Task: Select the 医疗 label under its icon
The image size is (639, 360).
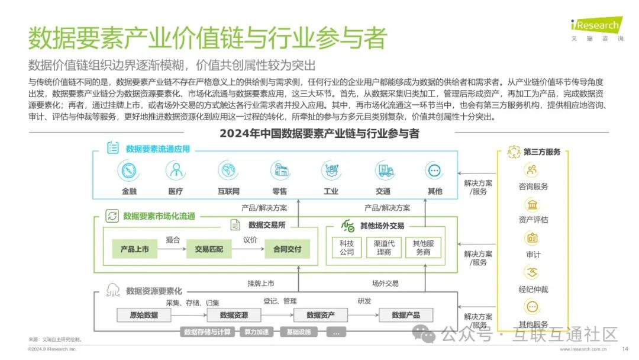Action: click(x=175, y=191)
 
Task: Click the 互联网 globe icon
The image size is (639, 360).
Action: click(x=228, y=171)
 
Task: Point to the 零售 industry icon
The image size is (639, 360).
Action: click(x=279, y=171)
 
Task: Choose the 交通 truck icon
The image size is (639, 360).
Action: click(x=383, y=171)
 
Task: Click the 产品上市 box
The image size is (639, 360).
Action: click(x=135, y=249)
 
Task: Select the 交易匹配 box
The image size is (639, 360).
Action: click(x=209, y=249)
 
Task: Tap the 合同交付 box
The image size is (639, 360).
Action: click(x=287, y=249)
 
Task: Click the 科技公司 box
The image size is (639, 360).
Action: click(x=347, y=248)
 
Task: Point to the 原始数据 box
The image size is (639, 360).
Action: click(x=144, y=315)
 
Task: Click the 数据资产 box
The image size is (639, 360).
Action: click(x=321, y=315)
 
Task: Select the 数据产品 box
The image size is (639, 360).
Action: click(x=406, y=315)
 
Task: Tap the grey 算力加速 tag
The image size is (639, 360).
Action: click(x=256, y=332)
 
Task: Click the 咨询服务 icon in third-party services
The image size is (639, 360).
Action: click(x=532, y=171)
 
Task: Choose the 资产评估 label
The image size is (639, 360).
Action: click(x=533, y=220)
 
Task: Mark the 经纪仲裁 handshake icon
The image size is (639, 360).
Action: click(x=532, y=273)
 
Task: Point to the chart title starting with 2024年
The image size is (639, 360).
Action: click(x=319, y=133)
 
